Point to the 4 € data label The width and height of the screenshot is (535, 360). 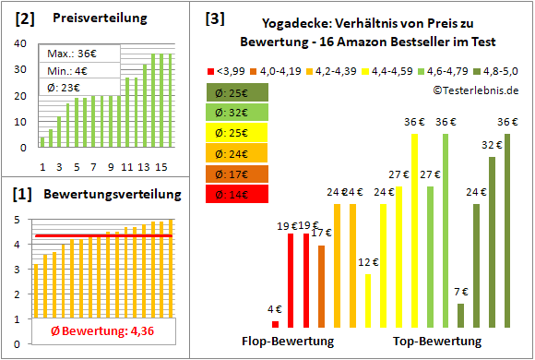pyautogui.click(x=275, y=309)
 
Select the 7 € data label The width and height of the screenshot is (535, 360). pyautogui.click(x=461, y=292)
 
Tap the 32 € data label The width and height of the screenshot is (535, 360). pyautogui.click(x=491, y=145)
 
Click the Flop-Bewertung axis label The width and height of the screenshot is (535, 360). pyautogui.click(x=288, y=342)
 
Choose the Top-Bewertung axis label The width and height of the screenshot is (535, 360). pyautogui.click(x=437, y=342)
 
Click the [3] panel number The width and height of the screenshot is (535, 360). pyautogui.click(x=214, y=18)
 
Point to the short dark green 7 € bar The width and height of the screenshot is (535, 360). pyautogui.click(x=460, y=316)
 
